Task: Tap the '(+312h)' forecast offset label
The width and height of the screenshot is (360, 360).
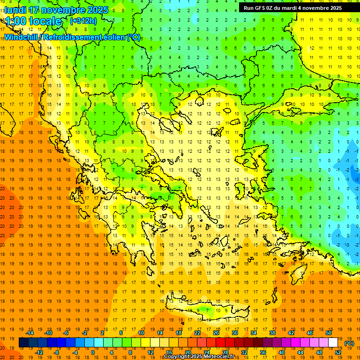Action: coord(83,21)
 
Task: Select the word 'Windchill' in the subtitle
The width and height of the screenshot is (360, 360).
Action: coord(21,37)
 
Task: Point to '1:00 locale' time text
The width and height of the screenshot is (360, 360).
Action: coord(33,21)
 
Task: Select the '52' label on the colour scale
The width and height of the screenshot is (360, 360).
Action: coord(338,352)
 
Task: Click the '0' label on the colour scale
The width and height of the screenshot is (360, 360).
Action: coord(92,352)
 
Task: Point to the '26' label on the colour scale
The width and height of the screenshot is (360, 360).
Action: coord(216,333)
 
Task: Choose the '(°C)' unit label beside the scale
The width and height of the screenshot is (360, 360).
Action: coord(349,343)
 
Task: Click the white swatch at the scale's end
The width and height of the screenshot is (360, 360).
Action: coord(333,343)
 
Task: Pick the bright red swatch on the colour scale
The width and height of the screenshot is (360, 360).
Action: coord(221,343)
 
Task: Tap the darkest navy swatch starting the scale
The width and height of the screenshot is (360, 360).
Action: coord(23,343)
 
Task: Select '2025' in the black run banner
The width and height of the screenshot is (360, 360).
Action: coord(332,8)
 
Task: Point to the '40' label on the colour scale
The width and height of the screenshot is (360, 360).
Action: coord(282,352)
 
